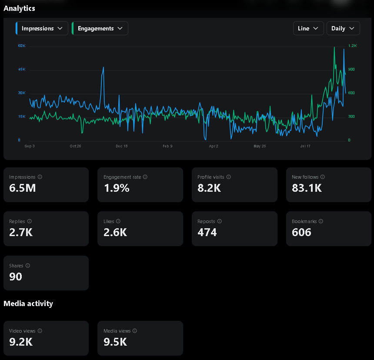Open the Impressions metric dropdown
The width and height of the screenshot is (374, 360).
pos(42,28)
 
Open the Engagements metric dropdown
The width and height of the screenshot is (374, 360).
pos(100,28)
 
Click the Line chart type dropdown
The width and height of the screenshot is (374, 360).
pos(308,28)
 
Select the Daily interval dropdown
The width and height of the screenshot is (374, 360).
pos(343,28)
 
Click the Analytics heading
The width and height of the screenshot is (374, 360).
pos(19,8)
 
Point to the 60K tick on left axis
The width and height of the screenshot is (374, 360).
pos(21,46)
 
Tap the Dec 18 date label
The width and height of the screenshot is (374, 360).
pos(122,146)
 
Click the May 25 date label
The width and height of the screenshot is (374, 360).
pos(260,146)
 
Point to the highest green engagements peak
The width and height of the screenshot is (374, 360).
pos(334,47)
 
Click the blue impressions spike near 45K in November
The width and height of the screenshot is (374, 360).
pos(103,67)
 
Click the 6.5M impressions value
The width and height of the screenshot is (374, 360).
pos(23,188)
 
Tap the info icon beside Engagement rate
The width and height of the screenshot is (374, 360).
pos(145,177)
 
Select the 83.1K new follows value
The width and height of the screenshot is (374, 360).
pos(307,188)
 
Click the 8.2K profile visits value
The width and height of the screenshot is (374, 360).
pos(210,188)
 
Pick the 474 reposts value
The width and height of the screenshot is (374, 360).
pos(207,232)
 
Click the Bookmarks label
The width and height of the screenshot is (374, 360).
pos(304,221)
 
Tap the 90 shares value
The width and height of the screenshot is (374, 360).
pos(16,277)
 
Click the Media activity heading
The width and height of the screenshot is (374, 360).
pos(28,303)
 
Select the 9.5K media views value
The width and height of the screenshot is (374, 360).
pos(115,342)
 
